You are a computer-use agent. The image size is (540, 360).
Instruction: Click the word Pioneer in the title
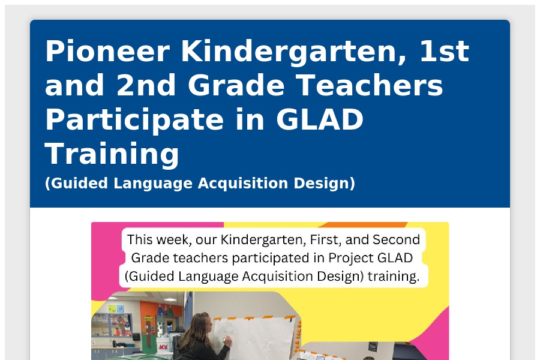(107, 52)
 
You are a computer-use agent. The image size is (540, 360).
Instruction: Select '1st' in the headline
(444, 52)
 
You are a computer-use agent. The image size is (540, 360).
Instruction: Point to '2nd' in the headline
(146, 85)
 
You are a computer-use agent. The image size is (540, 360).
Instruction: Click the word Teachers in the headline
(369, 85)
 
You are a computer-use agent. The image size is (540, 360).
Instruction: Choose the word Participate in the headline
(134, 120)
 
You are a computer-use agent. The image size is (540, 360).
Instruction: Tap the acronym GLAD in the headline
(320, 119)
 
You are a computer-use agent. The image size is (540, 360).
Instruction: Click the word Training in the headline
(112, 154)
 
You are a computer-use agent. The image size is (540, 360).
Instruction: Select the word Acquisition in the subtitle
(243, 183)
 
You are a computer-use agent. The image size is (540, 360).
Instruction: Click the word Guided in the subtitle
(77, 183)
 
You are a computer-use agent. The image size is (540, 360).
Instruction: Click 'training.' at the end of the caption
(394, 276)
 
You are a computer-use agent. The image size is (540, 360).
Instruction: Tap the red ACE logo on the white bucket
(163, 347)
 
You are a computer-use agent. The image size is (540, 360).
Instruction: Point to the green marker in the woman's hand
(224, 341)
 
